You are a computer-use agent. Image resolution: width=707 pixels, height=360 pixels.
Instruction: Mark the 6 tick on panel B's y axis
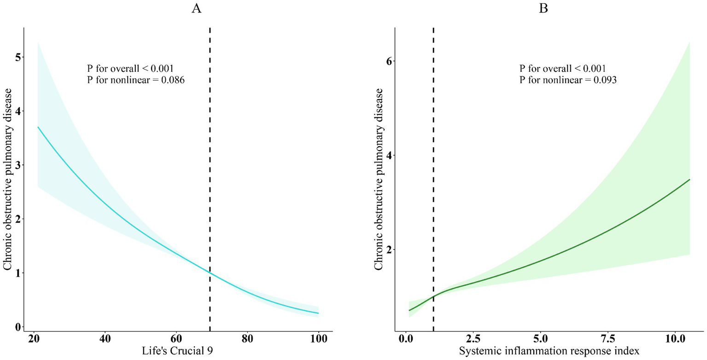382,61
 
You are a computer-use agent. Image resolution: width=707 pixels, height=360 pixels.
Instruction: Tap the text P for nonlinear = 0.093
568,80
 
